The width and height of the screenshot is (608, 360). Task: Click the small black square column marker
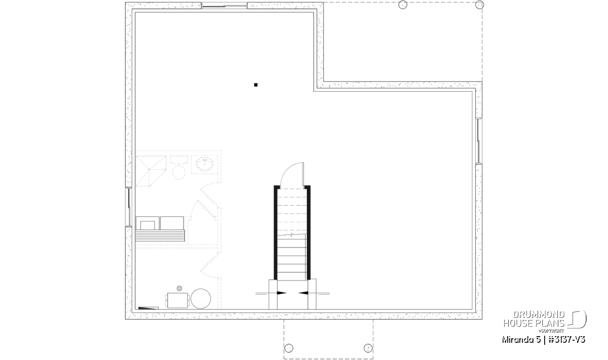click(x=256, y=85)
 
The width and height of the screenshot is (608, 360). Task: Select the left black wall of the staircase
click(x=276, y=232)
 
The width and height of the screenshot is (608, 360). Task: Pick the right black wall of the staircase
click(x=309, y=232)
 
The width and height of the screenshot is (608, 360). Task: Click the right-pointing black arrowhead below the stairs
click(x=282, y=293)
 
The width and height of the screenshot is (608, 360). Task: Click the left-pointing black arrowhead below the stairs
click(x=303, y=293)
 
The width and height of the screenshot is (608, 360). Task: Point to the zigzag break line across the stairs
click(x=292, y=234)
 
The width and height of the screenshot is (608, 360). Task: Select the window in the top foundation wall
click(x=224, y=6)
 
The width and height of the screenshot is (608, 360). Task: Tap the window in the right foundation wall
click(x=478, y=141)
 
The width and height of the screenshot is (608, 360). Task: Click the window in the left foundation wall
click(x=128, y=207)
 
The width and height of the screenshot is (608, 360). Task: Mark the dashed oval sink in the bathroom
click(x=205, y=164)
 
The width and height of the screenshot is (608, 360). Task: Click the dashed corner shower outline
click(x=150, y=171)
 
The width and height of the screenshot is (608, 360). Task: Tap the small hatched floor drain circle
click(x=179, y=289)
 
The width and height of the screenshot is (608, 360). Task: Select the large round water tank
click(x=201, y=299)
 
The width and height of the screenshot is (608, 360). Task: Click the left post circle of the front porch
click(x=289, y=348)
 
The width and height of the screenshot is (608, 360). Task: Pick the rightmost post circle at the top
click(x=480, y=5)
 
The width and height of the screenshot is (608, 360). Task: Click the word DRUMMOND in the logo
click(x=539, y=314)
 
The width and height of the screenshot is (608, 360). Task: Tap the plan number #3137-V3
click(x=567, y=340)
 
